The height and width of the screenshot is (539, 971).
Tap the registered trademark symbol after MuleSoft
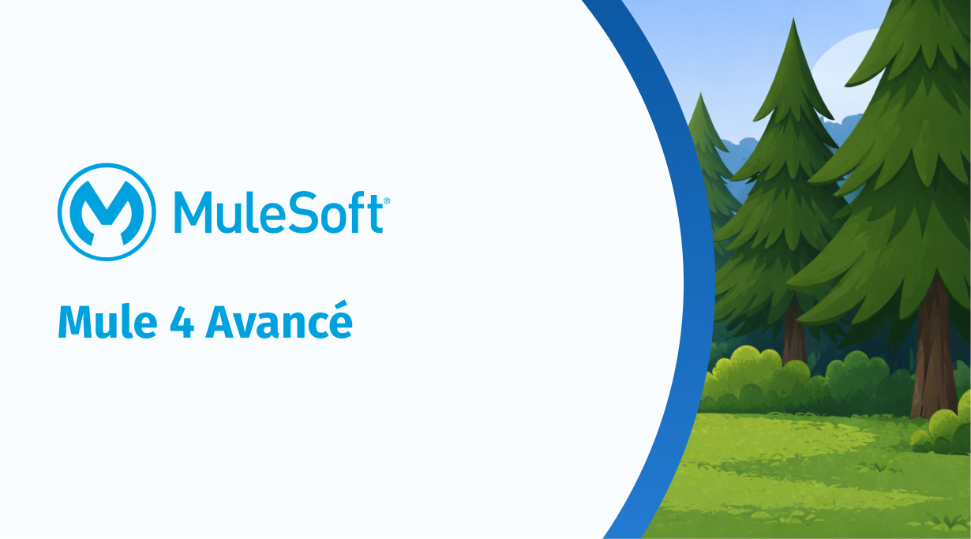pos(387,200)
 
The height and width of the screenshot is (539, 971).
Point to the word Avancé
pos(279,320)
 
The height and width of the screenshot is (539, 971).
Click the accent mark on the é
pos(342,305)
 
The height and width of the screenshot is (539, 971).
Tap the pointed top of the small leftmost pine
pos(700,94)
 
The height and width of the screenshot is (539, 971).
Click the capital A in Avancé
pos(221,322)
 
